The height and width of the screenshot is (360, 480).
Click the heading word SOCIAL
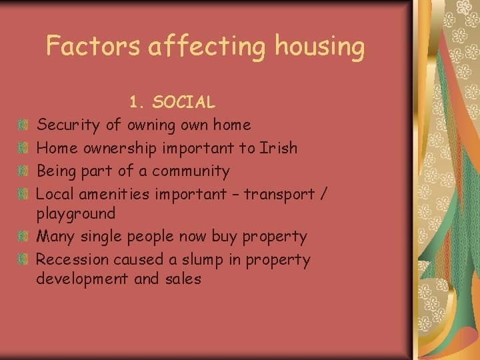pyautogui.click(x=183, y=102)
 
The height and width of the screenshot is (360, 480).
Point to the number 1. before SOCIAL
pyautogui.click(x=137, y=102)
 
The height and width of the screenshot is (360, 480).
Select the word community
pyautogui.click(x=191, y=171)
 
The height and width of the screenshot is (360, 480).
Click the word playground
pyautogui.click(x=75, y=214)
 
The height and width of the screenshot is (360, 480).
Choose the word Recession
pyautogui.click(x=72, y=259)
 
